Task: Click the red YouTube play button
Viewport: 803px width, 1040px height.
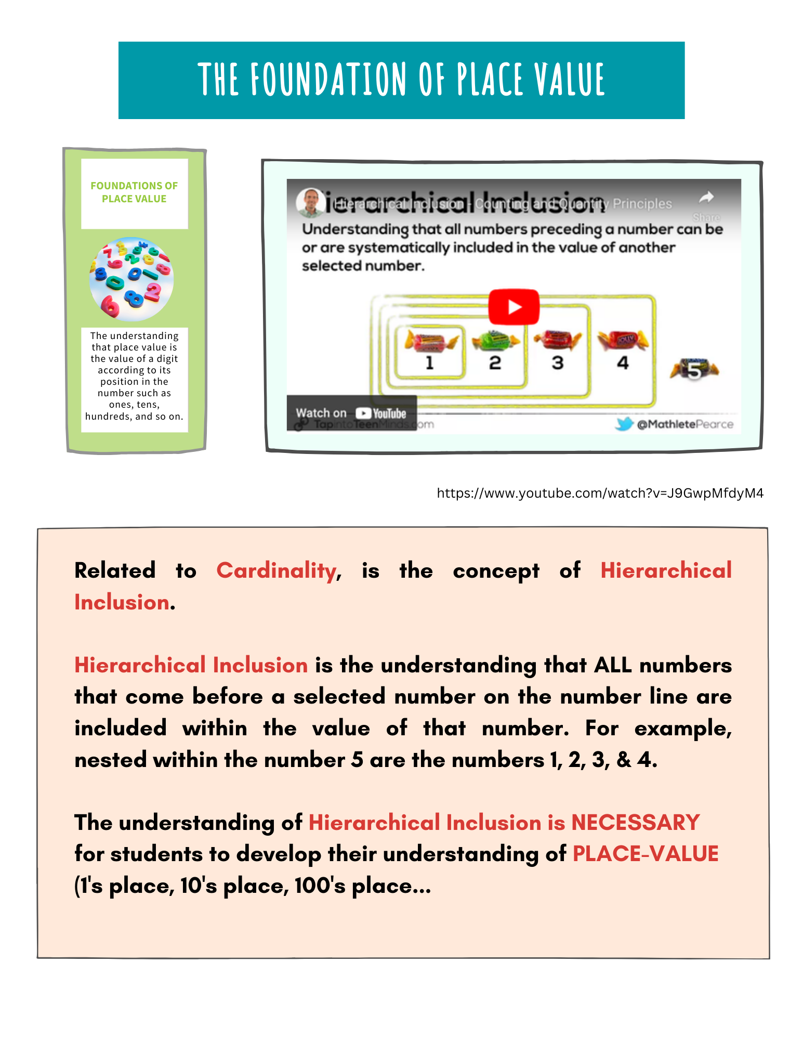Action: [514, 307]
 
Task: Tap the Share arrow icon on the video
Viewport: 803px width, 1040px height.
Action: [706, 198]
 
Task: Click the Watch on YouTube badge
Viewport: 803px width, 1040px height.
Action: [351, 413]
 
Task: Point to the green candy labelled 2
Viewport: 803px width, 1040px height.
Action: [495, 340]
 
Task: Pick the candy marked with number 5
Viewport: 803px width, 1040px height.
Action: [694, 370]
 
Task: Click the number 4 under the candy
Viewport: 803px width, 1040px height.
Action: [623, 362]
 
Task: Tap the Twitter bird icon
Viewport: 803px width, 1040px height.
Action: [624, 424]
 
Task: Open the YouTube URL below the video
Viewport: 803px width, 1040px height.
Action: [600, 493]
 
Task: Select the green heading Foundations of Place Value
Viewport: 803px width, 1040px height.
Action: [134, 192]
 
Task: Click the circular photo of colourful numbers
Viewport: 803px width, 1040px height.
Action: [131, 279]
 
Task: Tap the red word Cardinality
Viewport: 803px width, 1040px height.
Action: [277, 570]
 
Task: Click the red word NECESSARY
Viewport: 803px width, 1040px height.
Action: [635, 823]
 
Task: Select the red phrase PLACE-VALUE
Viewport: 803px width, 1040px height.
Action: [645, 854]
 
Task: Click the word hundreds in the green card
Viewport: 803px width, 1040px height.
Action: [108, 416]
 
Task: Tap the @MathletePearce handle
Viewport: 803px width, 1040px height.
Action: [685, 424]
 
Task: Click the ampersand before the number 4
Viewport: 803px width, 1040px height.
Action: [624, 760]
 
